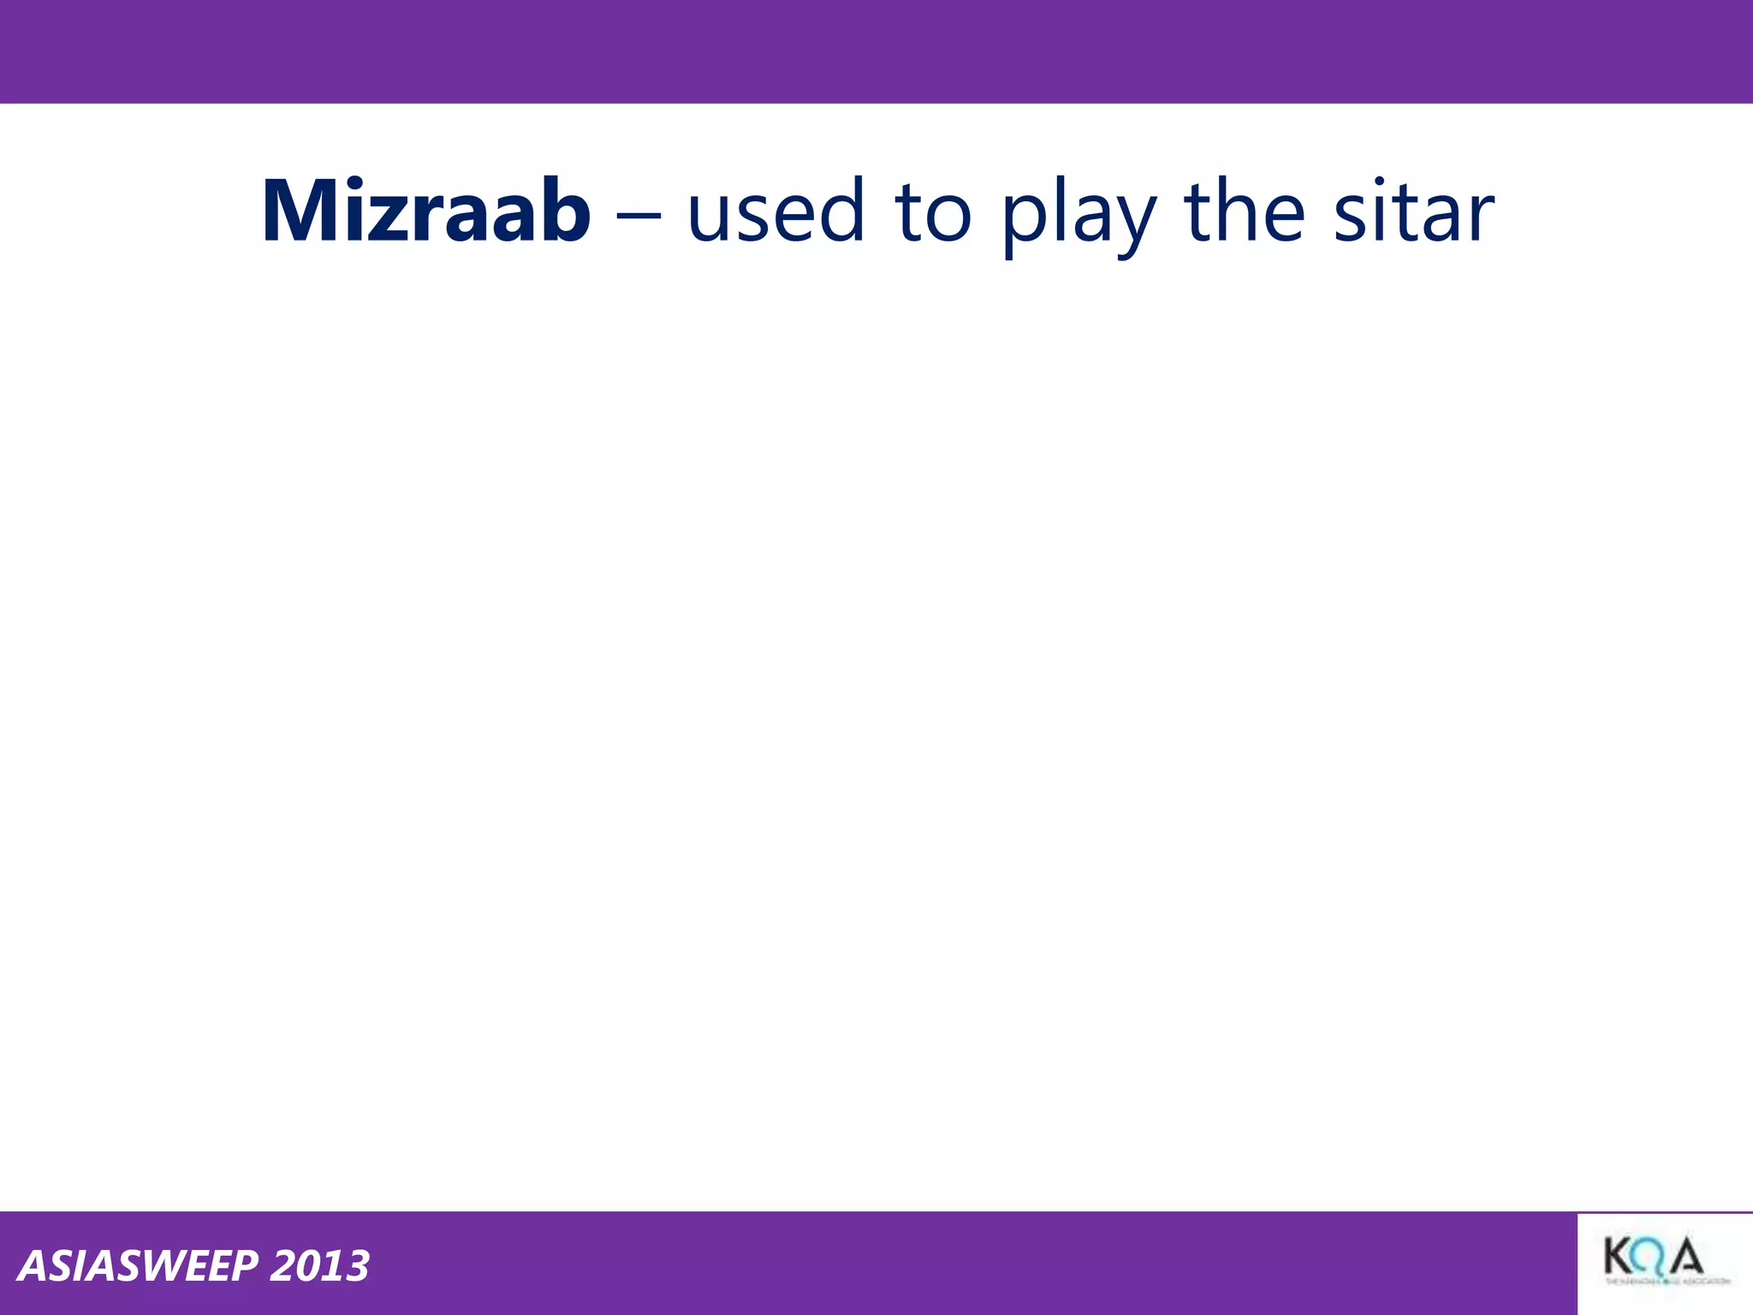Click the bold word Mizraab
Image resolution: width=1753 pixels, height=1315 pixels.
(x=425, y=211)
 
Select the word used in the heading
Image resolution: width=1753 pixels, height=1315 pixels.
(x=775, y=211)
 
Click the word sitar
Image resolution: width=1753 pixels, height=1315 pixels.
(x=1413, y=211)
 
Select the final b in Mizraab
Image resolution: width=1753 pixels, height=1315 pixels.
(x=562, y=210)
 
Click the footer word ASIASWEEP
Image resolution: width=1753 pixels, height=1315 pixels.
(x=138, y=1266)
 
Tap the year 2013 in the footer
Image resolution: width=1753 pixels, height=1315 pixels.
(x=319, y=1266)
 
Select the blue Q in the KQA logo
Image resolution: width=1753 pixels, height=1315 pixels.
(x=1651, y=1258)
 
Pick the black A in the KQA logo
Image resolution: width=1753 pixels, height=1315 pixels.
(x=1685, y=1258)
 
